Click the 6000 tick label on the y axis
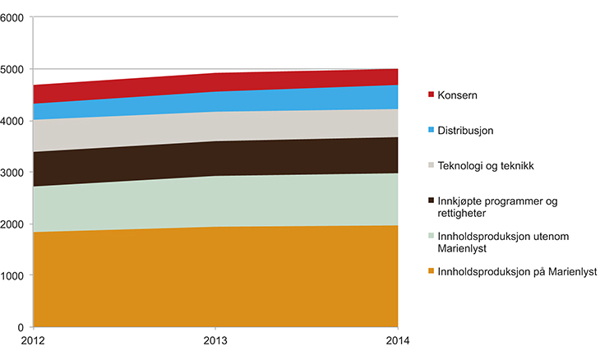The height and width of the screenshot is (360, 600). pos(14,17)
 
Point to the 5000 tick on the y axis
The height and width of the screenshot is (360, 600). pos(14,69)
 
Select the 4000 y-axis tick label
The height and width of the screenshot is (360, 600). pos(14,121)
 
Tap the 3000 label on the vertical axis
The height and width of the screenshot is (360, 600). pos(14,172)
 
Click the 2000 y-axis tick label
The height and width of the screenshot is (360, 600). pos(14,224)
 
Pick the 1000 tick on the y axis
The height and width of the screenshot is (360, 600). pos(14,275)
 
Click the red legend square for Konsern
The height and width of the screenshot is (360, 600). pos(431,95)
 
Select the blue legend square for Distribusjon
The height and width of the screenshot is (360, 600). pos(431,130)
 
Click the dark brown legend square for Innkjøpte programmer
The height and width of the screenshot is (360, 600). pos(431,200)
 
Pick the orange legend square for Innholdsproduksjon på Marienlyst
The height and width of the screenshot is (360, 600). pos(431,271)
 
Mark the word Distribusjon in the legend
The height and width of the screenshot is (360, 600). pos(469,130)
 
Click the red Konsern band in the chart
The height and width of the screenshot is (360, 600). pos(215,82)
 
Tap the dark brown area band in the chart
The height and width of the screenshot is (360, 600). pos(215,158)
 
